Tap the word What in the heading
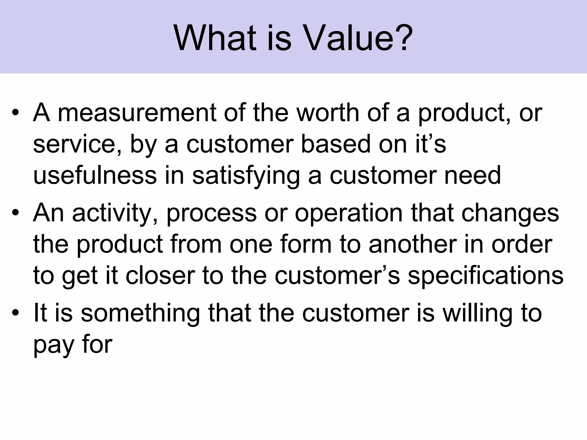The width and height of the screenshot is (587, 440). [215, 39]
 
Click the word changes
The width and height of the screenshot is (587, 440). [510, 213]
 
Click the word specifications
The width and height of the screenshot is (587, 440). [486, 276]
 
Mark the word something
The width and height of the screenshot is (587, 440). [140, 313]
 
